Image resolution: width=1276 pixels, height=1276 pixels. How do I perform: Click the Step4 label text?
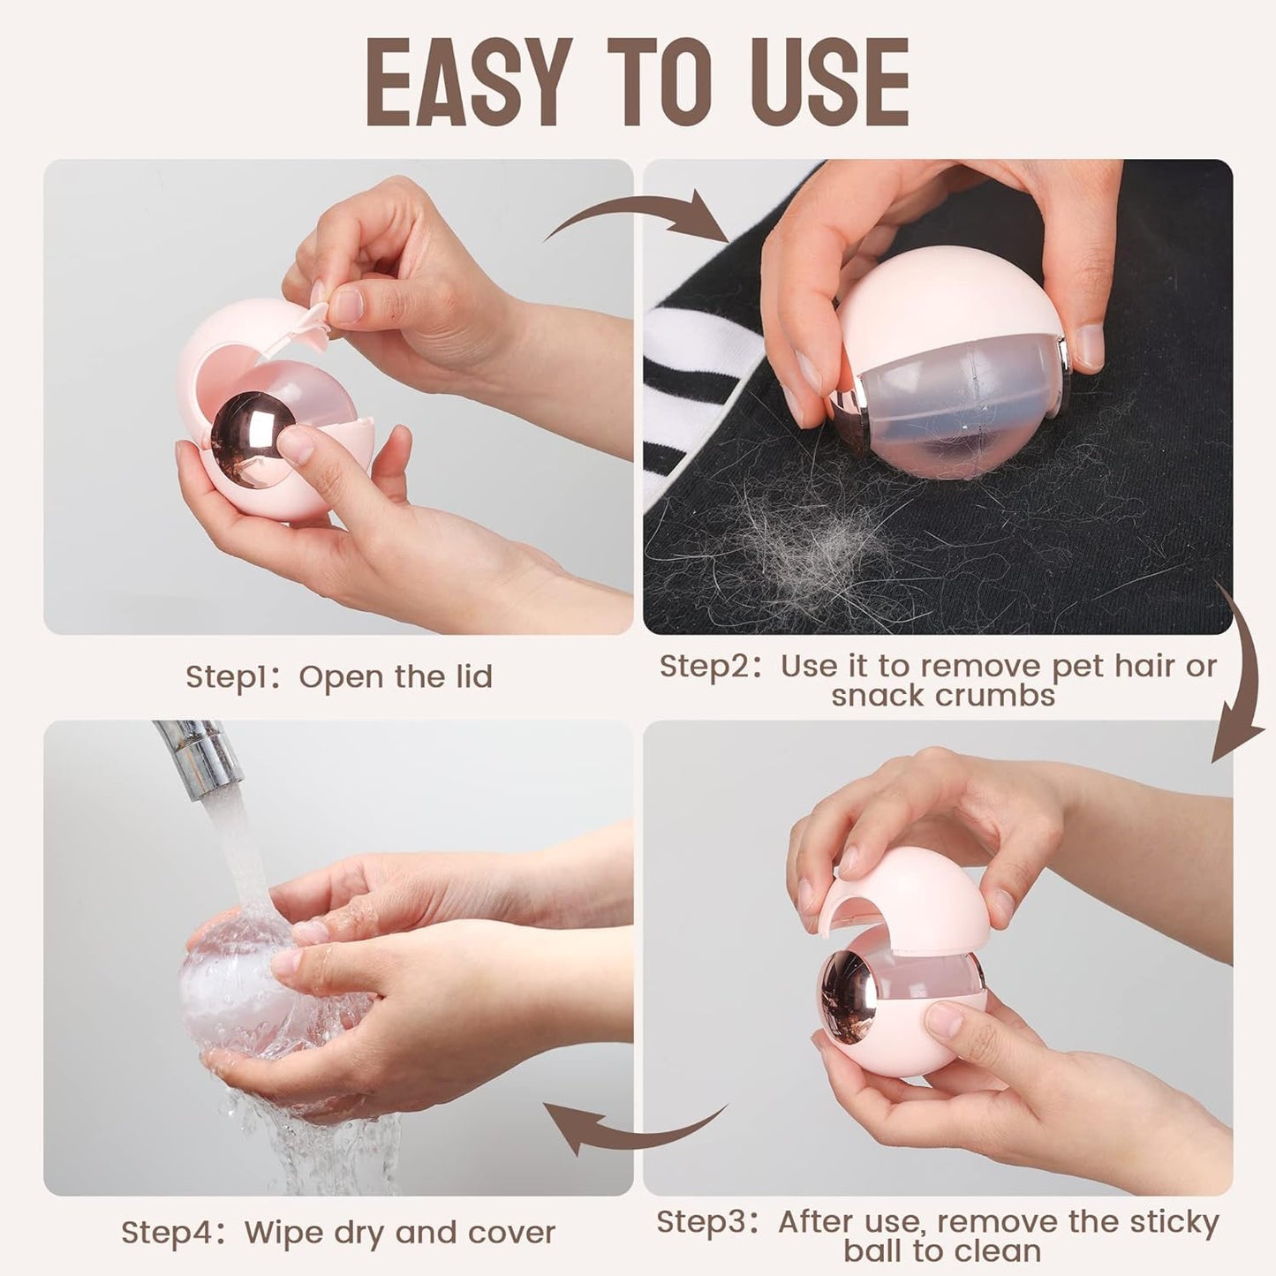point(169,1232)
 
